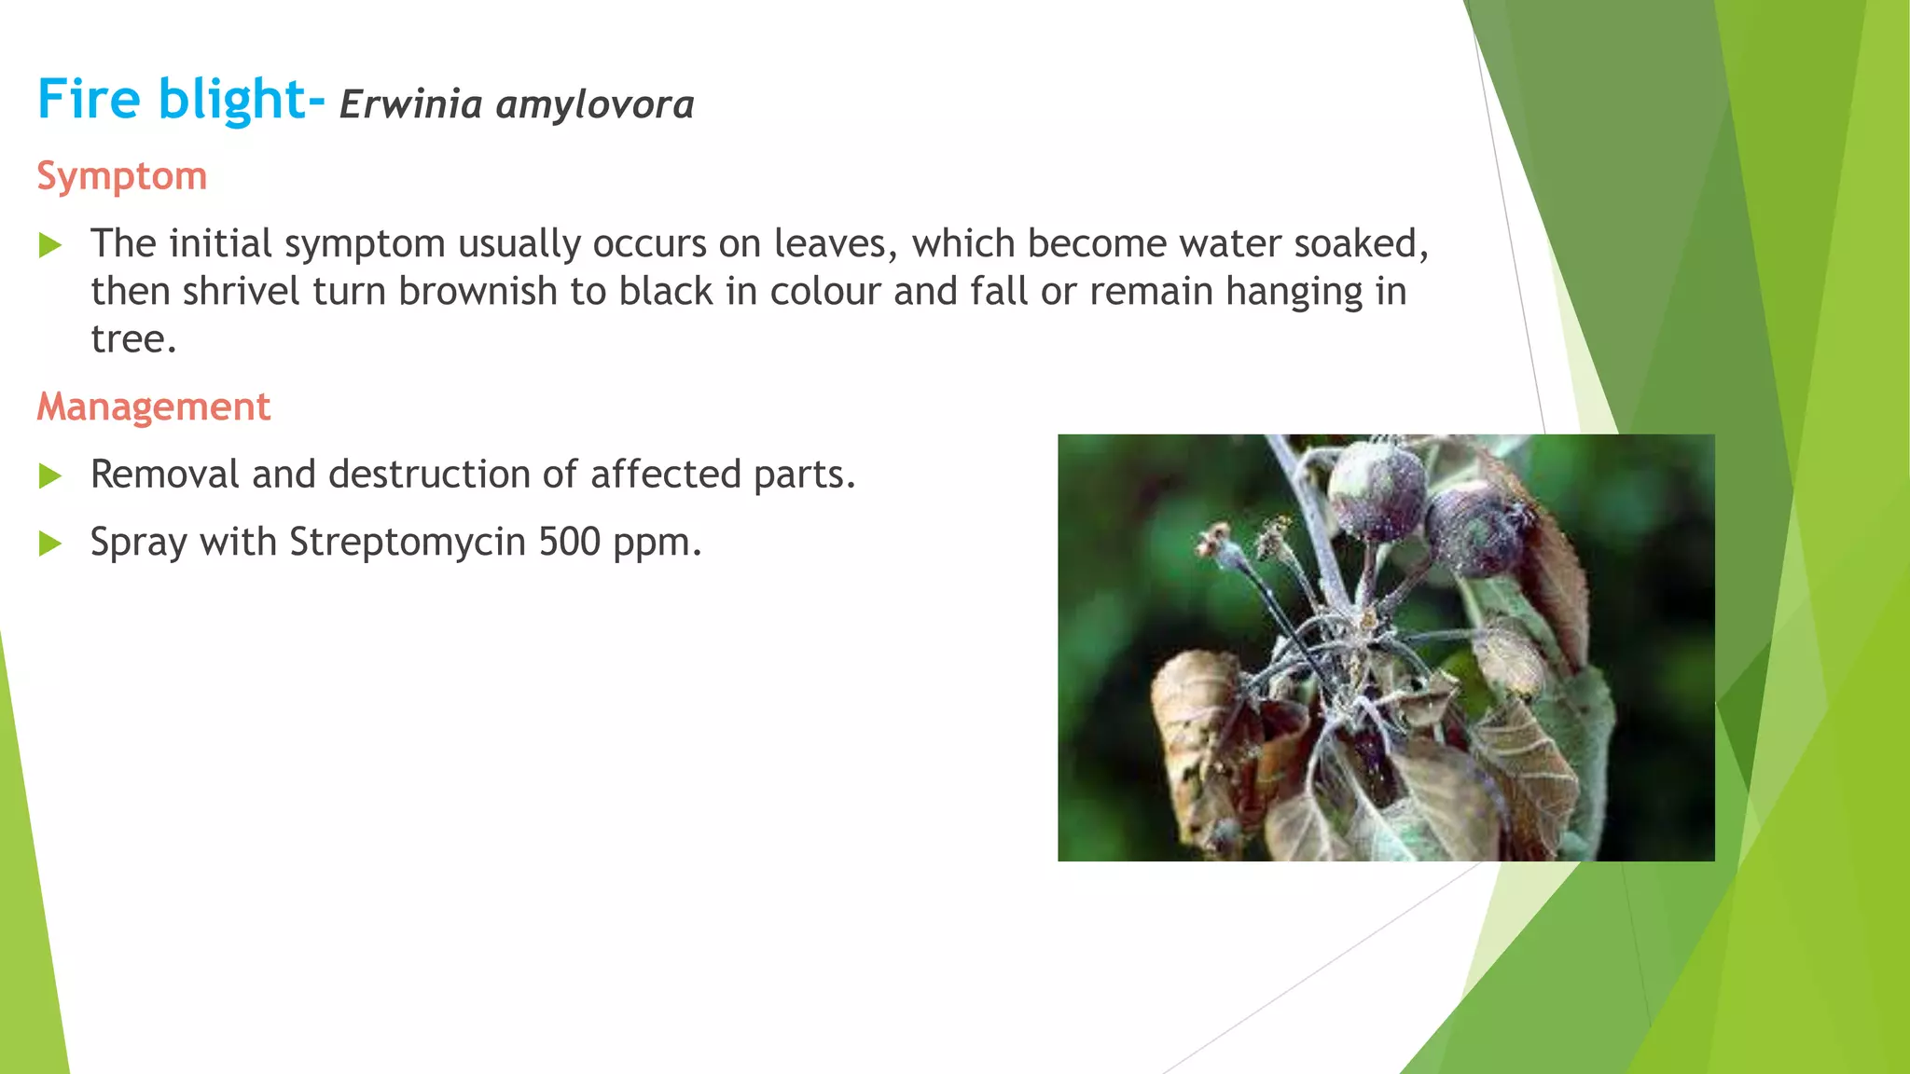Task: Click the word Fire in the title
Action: [89, 99]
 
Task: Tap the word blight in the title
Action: [232, 99]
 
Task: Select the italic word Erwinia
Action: [410, 104]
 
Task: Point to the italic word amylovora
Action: [595, 104]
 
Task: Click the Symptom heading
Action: [122, 176]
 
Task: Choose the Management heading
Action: [154, 407]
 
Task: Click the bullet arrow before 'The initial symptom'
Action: [50, 246]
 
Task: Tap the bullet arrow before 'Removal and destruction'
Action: [50, 476]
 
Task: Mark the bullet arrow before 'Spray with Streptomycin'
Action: [50, 544]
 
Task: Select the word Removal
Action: [165, 475]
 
